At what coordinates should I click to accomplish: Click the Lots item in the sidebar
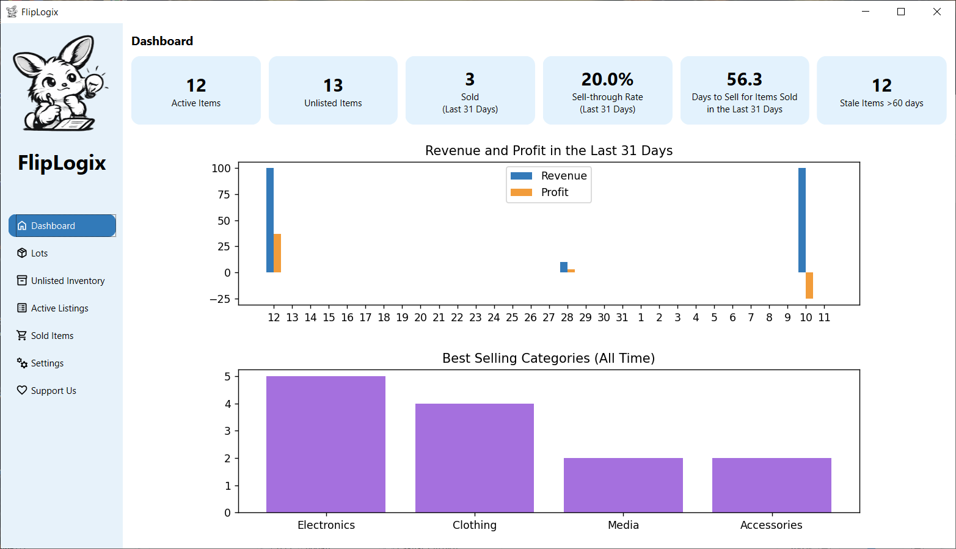coord(39,253)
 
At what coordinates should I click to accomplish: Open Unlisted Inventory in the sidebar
coord(67,281)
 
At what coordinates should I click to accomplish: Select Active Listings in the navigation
coord(59,308)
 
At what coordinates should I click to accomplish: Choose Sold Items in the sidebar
coord(52,336)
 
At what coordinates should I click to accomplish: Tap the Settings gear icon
coord(22,363)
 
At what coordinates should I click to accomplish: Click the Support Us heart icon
coord(22,390)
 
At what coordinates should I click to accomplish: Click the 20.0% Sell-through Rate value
coord(607,79)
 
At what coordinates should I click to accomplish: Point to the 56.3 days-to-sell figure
coord(744,79)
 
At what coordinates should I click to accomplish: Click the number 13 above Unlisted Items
coord(333,85)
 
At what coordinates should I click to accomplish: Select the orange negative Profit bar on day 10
coord(809,285)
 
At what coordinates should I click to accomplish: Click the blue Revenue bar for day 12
coord(270,220)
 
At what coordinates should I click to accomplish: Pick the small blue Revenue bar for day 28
coord(564,267)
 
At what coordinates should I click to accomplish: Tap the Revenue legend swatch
coord(521,176)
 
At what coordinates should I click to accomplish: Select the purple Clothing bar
coord(475,458)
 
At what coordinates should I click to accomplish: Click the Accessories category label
coord(771,525)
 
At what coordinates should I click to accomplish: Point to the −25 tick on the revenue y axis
coord(220,299)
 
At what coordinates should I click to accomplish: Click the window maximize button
coord(901,12)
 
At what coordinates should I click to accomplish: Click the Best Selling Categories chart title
coord(549,358)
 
